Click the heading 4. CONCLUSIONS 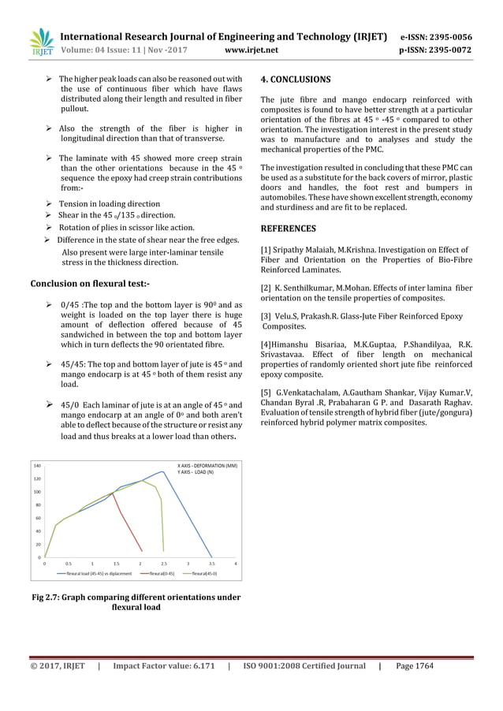pyautogui.click(x=296, y=80)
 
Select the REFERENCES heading pyautogui.click(x=288, y=229)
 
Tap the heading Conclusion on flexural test pyautogui.click(x=89, y=282)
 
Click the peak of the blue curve pyautogui.click(x=162, y=472)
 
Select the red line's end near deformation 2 pyautogui.click(x=141, y=551)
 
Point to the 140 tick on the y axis pyautogui.click(x=37, y=466)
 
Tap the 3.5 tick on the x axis pyautogui.click(x=212, y=564)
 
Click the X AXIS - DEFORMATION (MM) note pyautogui.click(x=207, y=466)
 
